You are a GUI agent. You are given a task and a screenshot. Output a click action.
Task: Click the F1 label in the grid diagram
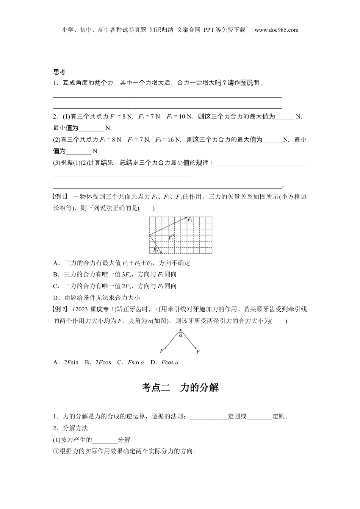pyautogui.click(x=191, y=220)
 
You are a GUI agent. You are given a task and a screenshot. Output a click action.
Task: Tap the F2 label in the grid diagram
pyautogui.click(x=155, y=250)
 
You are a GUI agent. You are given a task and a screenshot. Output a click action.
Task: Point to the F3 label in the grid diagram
pyautogui.click(x=171, y=239)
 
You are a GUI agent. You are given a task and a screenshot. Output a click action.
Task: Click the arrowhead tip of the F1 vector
pyautogui.click(x=187, y=217)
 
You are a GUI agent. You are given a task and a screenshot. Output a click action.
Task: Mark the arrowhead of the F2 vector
pyautogui.click(x=162, y=252)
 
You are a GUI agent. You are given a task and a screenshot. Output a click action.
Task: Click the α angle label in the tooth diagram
pyautogui.click(x=180, y=335)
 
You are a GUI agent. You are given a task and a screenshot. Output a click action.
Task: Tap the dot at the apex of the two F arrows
pyautogui.click(x=180, y=331)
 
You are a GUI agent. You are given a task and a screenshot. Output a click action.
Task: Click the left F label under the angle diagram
pyautogui.click(x=162, y=351)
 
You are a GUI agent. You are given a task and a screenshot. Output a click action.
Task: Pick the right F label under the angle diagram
pyautogui.click(x=198, y=352)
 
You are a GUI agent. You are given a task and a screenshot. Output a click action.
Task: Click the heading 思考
pyautogui.click(x=59, y=72)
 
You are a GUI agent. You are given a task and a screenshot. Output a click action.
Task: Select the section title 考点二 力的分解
pyautogui.click(x=180, y=387)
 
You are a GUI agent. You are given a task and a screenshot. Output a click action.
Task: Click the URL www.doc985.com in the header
pyautogui.click(x=276, y=30)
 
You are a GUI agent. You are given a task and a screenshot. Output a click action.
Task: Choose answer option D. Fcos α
pyautogui.click(x=164, y=362)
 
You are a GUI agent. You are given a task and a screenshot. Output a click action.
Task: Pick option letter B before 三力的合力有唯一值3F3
pyautogui.click(x=55, y=275)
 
